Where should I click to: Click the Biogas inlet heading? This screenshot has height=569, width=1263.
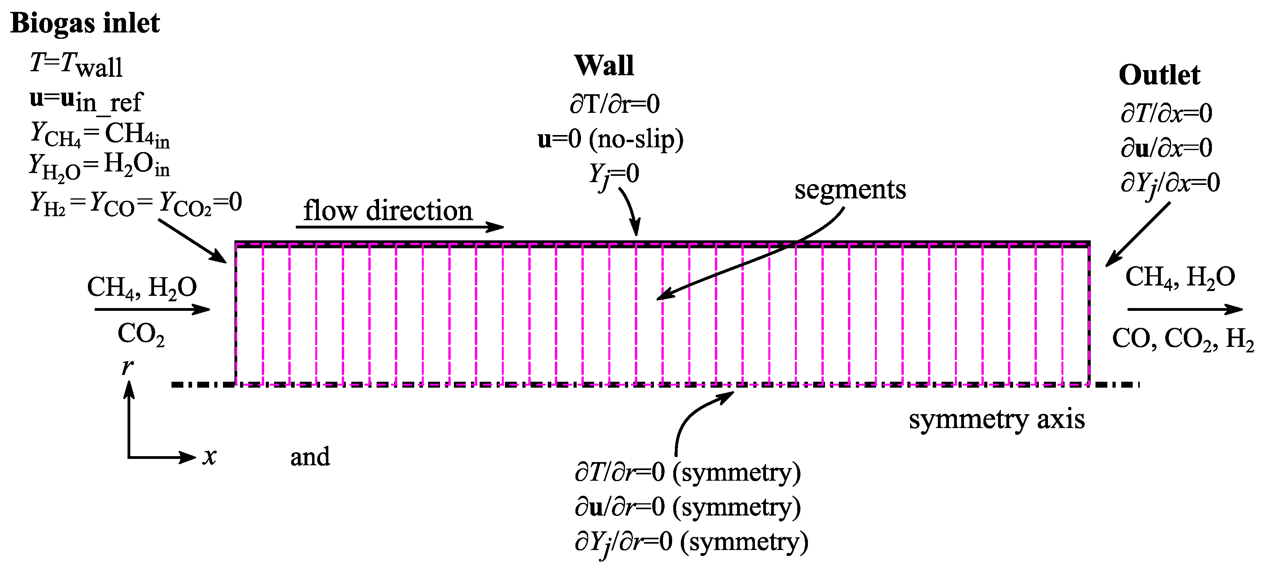(85, 23)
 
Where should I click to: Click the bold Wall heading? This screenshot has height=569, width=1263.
(604, 66)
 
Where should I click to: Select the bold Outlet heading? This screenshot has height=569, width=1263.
(1159, 76)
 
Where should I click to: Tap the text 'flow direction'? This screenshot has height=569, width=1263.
(387, 211)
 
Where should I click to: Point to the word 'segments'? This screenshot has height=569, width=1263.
(850, 190)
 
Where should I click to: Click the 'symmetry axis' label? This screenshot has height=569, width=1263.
(996, 419)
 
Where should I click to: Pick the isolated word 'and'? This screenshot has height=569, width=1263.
(310, 457)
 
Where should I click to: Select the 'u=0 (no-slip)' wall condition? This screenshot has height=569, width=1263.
(610, 139)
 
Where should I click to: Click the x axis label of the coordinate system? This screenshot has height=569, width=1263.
(210, 457)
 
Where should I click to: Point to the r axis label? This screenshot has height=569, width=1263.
(127, 366)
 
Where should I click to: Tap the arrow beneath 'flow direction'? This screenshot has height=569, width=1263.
(400, 227)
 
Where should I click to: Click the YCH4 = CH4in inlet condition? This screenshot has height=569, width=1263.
(100, 134)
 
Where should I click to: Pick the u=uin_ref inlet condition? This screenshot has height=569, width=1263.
(86, 101)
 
